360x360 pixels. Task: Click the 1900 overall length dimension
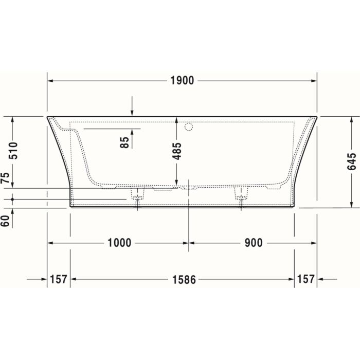pyautogui.click(x=182, y=81)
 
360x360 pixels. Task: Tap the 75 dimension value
pyautogui.click(x=6, y=179)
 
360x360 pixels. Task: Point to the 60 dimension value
pyautogui.click(x=6, y=221)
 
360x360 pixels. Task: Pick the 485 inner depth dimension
pyautogui.click(x=176, y=151)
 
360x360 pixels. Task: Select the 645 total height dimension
pyautogui.click(x=351, y=161)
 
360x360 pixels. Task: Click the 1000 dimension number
pyautogui.click(x=119, y=243)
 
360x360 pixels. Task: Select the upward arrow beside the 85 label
pyautogui.click(x=133, y=132)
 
